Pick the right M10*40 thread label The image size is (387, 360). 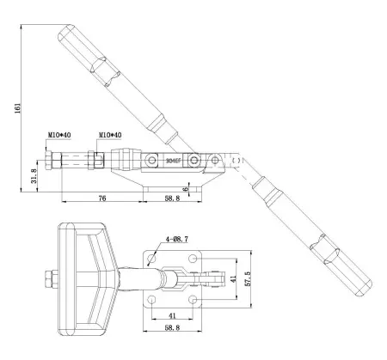[x=109, y=135]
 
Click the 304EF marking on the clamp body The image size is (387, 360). [x=175, y=161]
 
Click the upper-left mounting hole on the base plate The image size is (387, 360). [x=152, y=259]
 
